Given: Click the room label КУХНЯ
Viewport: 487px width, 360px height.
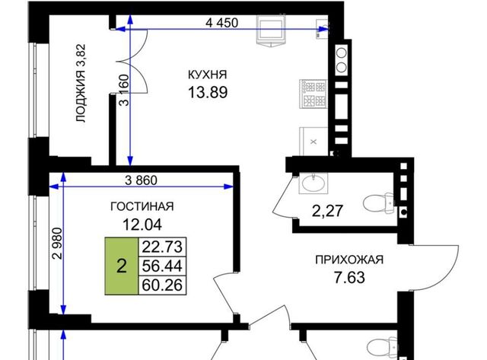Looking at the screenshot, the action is [x=208, y=75].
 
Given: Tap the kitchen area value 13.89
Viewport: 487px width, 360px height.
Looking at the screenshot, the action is [x=208, y=92].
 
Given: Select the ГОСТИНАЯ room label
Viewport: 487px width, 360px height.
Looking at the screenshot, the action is [x=142, y=206].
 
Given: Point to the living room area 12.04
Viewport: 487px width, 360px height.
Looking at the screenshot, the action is [x=142, y=225].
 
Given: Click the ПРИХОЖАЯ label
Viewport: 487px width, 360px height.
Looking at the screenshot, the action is [x=349, y=260].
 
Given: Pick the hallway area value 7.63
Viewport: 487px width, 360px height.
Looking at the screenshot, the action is [x=349, y=277].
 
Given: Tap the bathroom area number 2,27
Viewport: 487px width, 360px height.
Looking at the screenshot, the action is [x=327, y=212].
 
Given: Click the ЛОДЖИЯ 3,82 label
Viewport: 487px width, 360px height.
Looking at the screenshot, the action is [x=81, y=83].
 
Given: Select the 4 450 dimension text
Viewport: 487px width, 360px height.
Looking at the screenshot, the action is [x=222, y=23].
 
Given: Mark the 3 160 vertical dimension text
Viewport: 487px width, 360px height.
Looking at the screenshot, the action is [x=124, y=90].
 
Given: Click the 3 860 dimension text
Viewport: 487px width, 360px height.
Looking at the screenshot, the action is [x=141, y=180].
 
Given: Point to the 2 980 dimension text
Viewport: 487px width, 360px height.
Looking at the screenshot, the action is [x=58, y=244].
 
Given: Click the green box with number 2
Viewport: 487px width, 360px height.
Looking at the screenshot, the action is [x=122, y=266].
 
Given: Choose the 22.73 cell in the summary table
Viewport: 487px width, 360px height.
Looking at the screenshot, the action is [x=162, y=247].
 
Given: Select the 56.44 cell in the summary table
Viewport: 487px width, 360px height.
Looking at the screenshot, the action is [x=162, y=266].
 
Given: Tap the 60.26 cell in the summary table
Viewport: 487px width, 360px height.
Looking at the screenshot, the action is [x=162, y=285].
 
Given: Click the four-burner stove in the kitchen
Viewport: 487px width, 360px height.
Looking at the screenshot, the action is [x=314, y=94].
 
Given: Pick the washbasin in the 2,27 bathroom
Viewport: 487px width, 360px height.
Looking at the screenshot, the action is [x=314, y=183].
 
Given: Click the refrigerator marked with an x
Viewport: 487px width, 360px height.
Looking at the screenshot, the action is [x=314, y=142].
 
